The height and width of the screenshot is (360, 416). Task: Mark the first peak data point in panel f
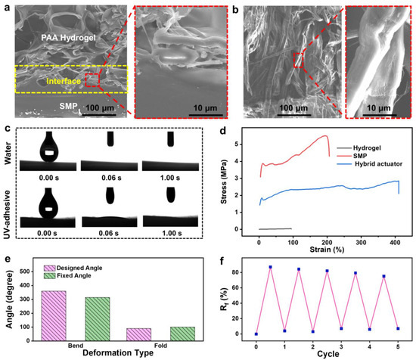coord(270,267)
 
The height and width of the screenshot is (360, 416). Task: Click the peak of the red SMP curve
coord(325,136)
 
